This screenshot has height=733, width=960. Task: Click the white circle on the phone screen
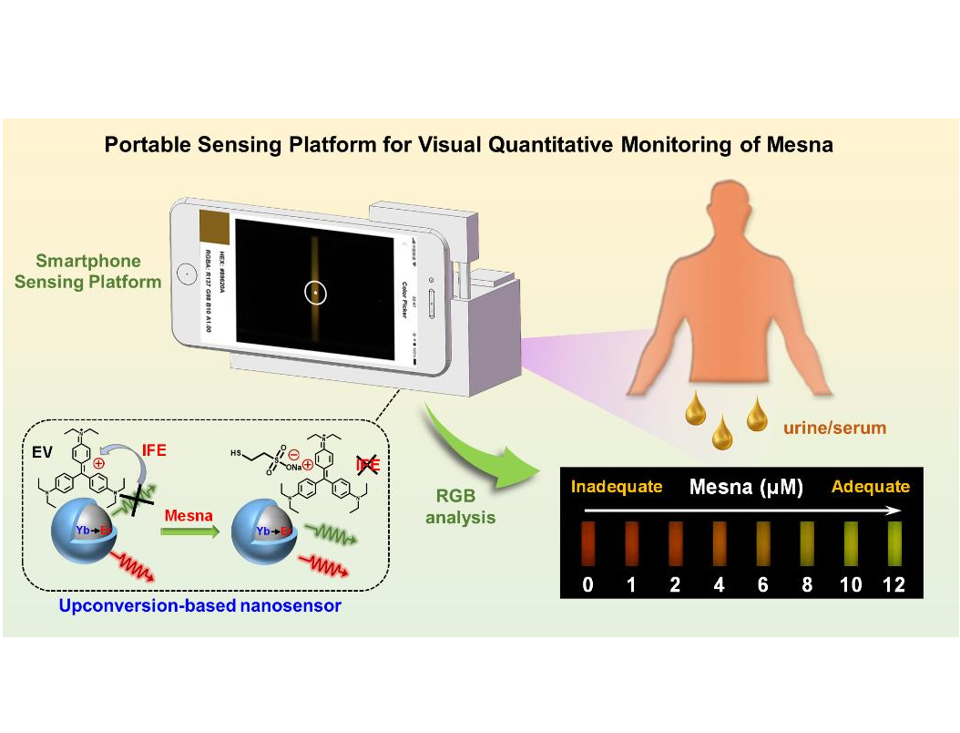(x=316, y=293)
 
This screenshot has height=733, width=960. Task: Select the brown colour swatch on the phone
(x=214, y=228)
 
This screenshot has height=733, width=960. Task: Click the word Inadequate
(x=616, y=487)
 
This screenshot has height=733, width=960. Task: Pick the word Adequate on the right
(x=870, y=487)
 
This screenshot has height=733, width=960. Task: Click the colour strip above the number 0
(x=587, y=543)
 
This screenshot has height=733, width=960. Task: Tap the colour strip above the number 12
(x=894, y=543)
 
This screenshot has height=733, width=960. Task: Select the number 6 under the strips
(x=762, y=585)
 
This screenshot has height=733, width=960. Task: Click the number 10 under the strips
(x=850, y=585)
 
